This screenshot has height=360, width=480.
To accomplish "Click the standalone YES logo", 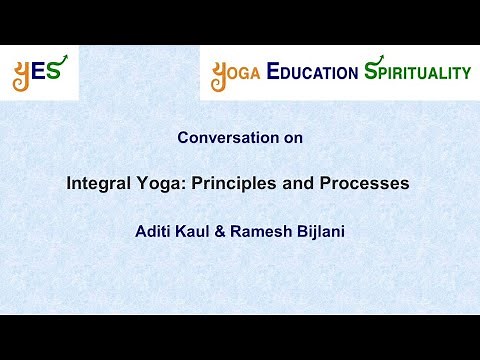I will pos(39,72).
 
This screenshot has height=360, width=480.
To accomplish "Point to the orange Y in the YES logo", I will pos(23,74).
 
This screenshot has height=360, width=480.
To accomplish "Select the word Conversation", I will pos(221,139).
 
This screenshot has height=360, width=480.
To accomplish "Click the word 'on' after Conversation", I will pos(291,139).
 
